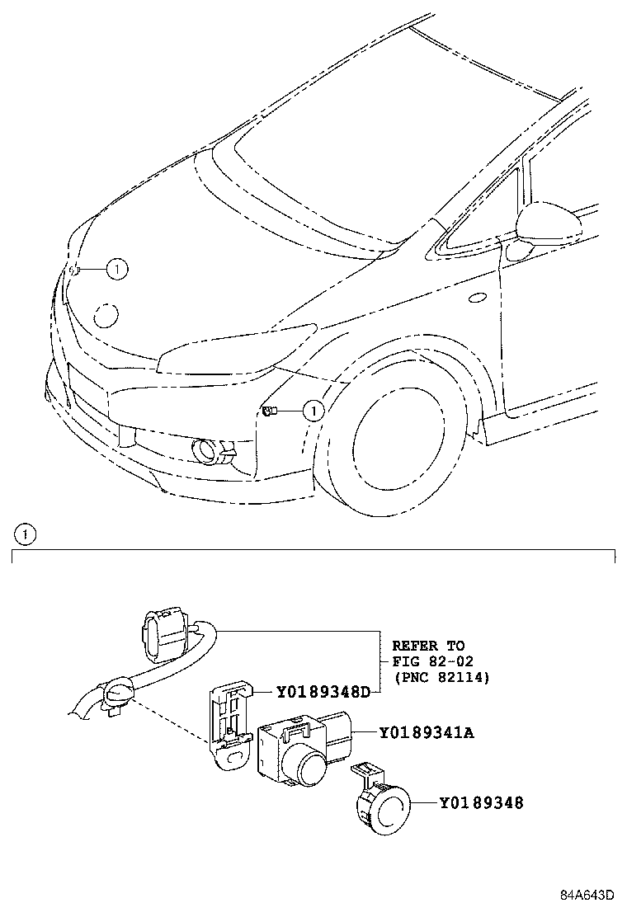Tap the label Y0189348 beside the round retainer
click(x=481, y=802)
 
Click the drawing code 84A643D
click(x=587, y=896)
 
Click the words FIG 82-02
click(x=428, y=661)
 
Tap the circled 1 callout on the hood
click(x=117, y=268)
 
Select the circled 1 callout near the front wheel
click(x=313, y=410)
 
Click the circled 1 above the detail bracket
click(x=26, y=534)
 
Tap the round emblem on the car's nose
click(x=106, y=314)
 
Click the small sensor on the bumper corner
click(x=268, y=410)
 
